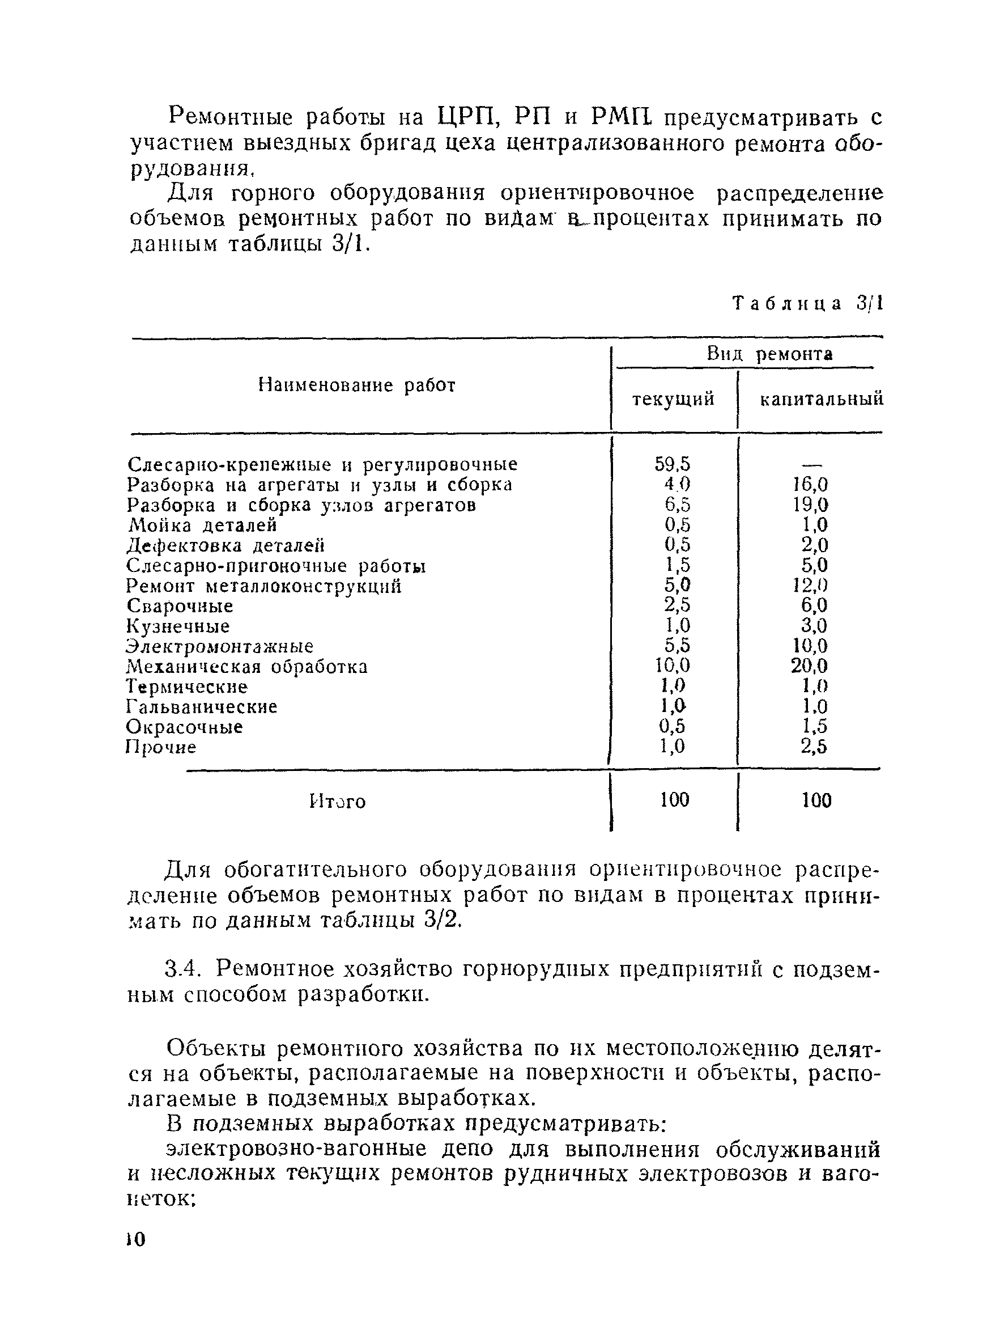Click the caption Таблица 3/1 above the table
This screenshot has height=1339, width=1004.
pos(807,303)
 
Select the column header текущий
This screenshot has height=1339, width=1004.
pos(673,400)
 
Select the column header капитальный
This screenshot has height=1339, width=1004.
pos(821,400)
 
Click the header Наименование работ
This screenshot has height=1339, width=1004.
pos(356,385)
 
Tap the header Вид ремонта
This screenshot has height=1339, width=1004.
pos(769,354)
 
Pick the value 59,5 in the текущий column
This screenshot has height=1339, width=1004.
pos(673,464)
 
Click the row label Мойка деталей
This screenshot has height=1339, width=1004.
pos(202,525)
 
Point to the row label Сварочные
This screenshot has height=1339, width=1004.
pos(180,606)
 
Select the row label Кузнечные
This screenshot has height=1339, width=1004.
pos(178,626)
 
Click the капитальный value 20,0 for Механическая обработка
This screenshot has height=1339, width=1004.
pos(809,666)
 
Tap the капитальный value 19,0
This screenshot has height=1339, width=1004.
pos(811,505)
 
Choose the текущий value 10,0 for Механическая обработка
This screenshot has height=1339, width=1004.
pos(673,666)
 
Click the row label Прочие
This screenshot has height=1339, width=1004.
pos(161,747)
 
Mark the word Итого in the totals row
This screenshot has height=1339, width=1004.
pos(337,802)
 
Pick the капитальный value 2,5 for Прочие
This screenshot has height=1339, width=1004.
pos(814,747)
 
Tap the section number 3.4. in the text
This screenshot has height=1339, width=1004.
pos(181,970)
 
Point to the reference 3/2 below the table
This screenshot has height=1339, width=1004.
pos(443,919)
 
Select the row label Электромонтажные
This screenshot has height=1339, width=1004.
pos(220,646)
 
